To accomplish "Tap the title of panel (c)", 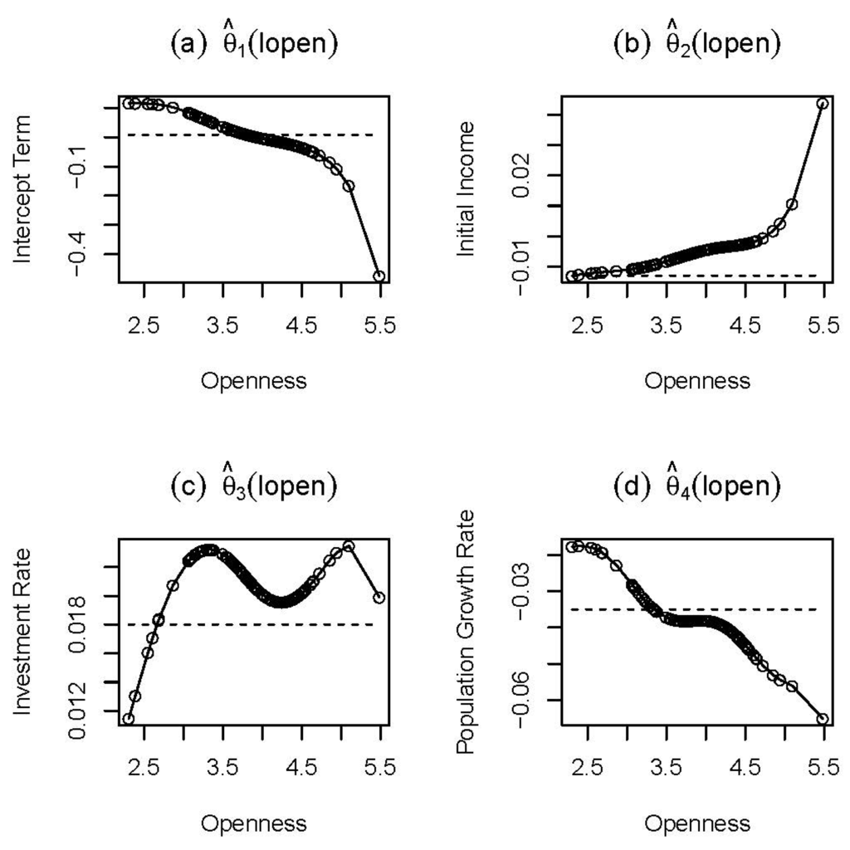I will point(254,487).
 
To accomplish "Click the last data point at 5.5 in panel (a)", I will point(379,276).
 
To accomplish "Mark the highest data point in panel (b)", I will point(823,104).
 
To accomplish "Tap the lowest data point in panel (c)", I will point(128,719).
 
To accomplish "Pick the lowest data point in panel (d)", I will point(823,719).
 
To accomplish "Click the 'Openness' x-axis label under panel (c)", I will point(254,823).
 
